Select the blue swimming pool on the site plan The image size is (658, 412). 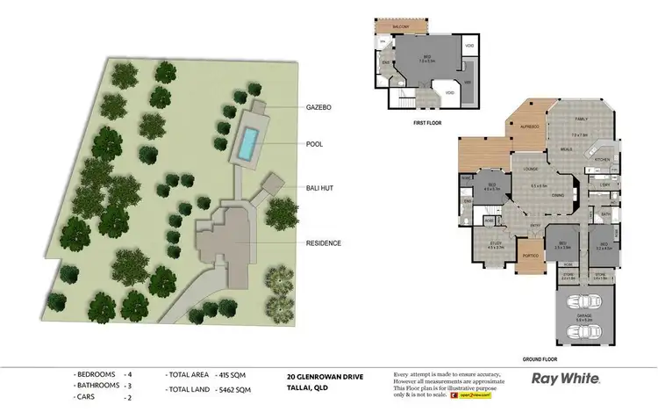click(x=252, y=139)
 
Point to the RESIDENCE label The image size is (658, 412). click(x=323, y=243)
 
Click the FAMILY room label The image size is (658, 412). click(x=581, y=118)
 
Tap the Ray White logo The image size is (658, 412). click(x=566, y=379)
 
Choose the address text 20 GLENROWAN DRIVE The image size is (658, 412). click(x=325, y=376)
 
